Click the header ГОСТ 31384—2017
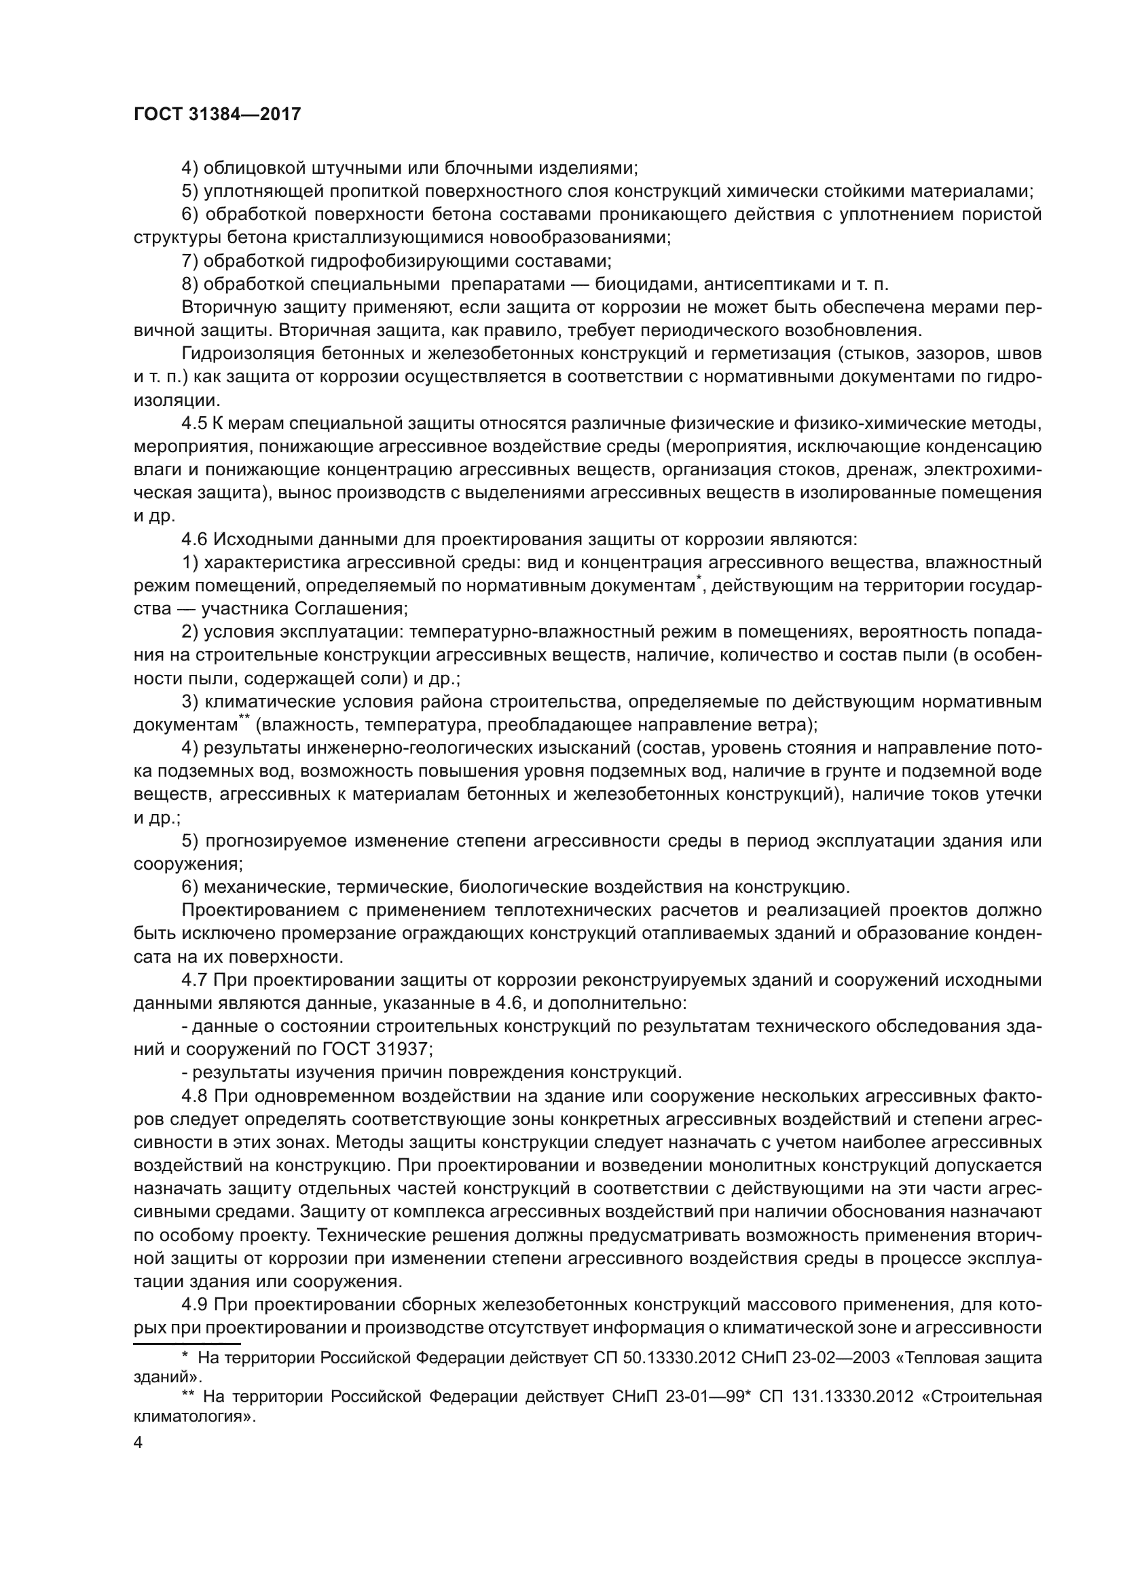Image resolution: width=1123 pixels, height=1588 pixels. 217,115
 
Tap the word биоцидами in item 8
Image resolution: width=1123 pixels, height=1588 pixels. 635,284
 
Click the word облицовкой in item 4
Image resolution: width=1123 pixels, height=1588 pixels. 256,168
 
